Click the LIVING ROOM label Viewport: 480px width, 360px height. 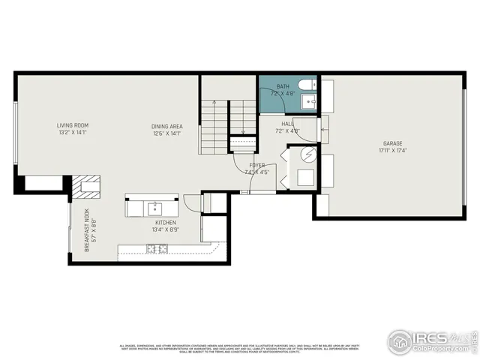(73, 125)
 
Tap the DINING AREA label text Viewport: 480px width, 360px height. (166, 125)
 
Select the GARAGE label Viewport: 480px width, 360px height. (393, 142)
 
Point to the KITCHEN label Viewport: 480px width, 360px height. (165, 223)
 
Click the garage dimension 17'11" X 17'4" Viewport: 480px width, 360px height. (393, 150)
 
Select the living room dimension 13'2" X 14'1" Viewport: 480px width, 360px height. (73, 133)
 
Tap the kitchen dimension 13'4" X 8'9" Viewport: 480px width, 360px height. (165, 230)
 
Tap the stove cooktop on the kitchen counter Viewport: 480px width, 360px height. (161, 249)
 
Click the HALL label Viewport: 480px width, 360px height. (287, 124)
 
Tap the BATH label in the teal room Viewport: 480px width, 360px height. (282, 87)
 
